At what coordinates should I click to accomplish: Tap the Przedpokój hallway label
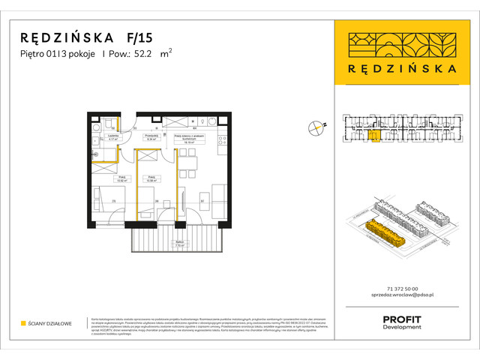pos(151,137)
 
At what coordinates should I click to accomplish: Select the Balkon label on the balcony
pos(179,242)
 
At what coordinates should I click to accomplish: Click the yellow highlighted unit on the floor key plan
pos(373,136)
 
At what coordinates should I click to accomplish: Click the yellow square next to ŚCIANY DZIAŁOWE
pos(23,323)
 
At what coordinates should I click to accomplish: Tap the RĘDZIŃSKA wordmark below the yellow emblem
pos(403,68)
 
